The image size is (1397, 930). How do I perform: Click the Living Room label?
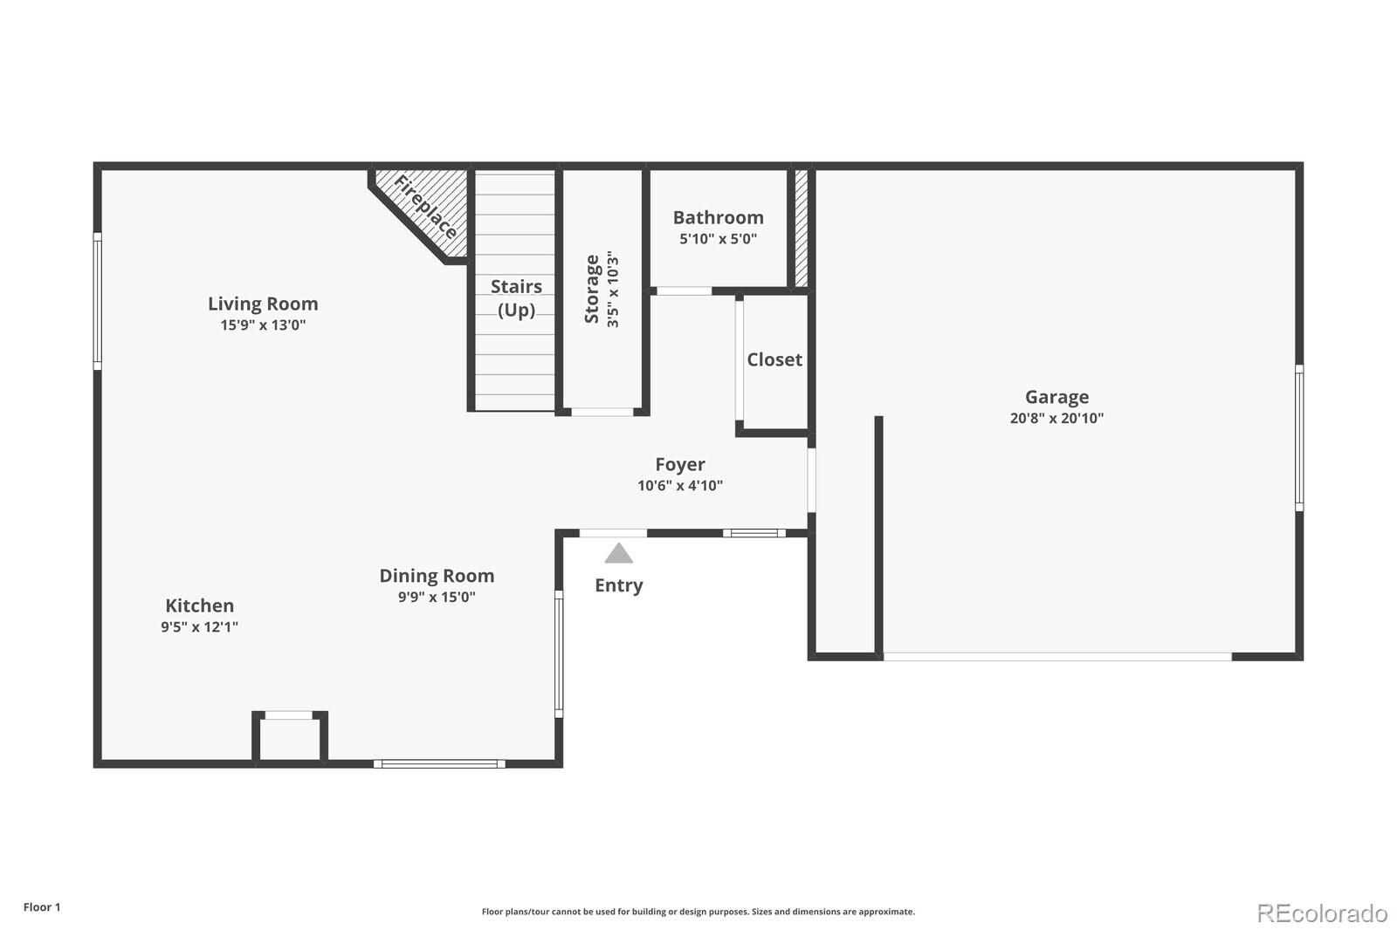coord(263,304)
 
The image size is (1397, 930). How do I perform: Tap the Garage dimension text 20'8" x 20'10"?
coord(1056,418)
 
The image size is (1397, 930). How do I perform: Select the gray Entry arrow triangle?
coord(619,554)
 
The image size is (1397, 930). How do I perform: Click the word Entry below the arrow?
coord(619,585)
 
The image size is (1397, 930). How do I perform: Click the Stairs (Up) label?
coord(516,297)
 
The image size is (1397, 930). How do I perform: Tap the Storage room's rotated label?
coord(593,289)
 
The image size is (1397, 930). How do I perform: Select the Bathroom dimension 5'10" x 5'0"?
coord(718,239)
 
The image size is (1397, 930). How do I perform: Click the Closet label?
coord(774,359)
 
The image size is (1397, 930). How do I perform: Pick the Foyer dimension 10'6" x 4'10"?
coord(680,486)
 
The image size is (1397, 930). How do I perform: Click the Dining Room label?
coord(437,576)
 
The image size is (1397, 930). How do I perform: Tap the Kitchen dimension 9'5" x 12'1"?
coord(199,627)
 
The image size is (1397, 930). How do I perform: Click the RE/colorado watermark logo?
coord(1322,913)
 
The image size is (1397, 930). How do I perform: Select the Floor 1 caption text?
coord(42,907)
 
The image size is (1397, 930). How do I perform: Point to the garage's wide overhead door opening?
coord(1056,656)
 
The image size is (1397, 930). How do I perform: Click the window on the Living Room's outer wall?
coord(98,301)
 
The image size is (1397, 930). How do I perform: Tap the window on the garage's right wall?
coord(1299,438)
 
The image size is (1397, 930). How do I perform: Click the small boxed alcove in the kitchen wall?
coord(290,737)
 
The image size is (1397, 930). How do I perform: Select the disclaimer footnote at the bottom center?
coord(698,912)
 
